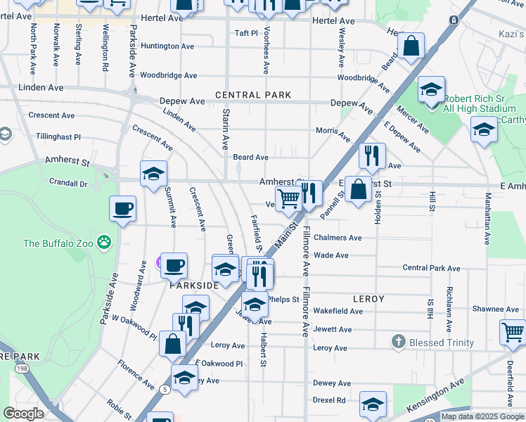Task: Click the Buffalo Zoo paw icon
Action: pyautogui.click(x=104, y=243)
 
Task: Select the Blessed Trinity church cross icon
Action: pyautogui.click(x=399, y=342)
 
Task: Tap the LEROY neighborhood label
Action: pyautogui.click(x=368, y=299)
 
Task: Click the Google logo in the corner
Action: pyautogui.click(x=23, y=414)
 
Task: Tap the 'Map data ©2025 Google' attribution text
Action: pyautogui.click(x=482, y=416)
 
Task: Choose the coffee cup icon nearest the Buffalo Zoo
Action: pyautogui.click(x=122, y=209)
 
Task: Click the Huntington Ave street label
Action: pyautogui.click(x=167, y=46)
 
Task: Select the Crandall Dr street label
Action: pyautogui.click(x=68, y=183)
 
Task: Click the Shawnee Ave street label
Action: pyautogui.click(x=495, y=309)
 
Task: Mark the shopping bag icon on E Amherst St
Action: pyautogui.click(x=358, y=189)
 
